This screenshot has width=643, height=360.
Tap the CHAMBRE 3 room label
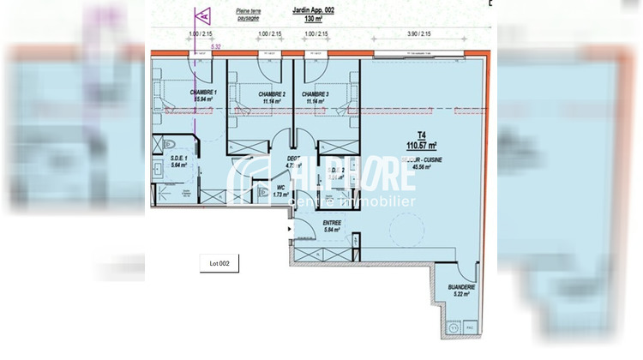[x=315, y=94]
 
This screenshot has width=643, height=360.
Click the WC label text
[x=279, y=188]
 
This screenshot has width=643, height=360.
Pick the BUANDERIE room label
[x=461, y=288]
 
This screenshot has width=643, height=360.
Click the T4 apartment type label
[x=421, y=135]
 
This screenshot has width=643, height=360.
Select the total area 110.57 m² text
[x=421, y=146]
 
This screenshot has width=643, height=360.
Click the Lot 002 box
[x=219, y=263]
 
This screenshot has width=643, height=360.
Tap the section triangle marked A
[x=204, y=15]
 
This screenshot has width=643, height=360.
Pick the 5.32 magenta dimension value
[x=215, y=47]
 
